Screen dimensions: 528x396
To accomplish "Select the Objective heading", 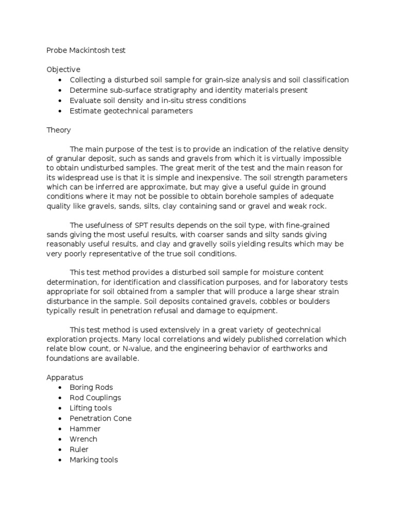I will tap(63, 69).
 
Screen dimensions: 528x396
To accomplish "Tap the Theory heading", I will tap(59, 130).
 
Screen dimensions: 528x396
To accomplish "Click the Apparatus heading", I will tap(64, 377).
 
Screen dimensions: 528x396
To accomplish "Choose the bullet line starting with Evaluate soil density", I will tap(158, 101).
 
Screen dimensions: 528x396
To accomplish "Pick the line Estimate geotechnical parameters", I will tap(131, 111).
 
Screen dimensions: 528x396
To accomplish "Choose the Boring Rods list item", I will tap(91, 387).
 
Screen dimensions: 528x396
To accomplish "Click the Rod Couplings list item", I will tap(95, 398).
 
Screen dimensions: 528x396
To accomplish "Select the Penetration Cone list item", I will tap(101, 418).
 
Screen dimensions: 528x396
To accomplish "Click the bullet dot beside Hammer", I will tap(61, 429).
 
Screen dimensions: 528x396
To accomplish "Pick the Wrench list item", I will tap(84, 439).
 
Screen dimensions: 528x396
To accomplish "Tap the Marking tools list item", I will tap(93, 459).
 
